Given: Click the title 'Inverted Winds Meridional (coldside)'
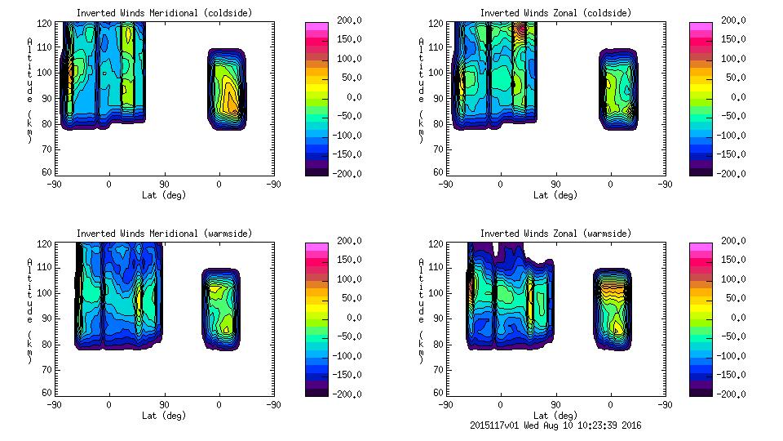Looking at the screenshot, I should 165,13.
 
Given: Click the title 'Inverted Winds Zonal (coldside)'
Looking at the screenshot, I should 555,13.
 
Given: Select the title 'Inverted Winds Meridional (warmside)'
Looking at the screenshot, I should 165,234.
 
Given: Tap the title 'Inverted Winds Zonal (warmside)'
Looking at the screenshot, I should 555,234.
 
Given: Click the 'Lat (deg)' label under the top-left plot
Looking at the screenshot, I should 165,195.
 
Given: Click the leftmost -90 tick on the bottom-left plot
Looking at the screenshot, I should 54,404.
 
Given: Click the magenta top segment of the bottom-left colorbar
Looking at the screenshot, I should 316,246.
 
